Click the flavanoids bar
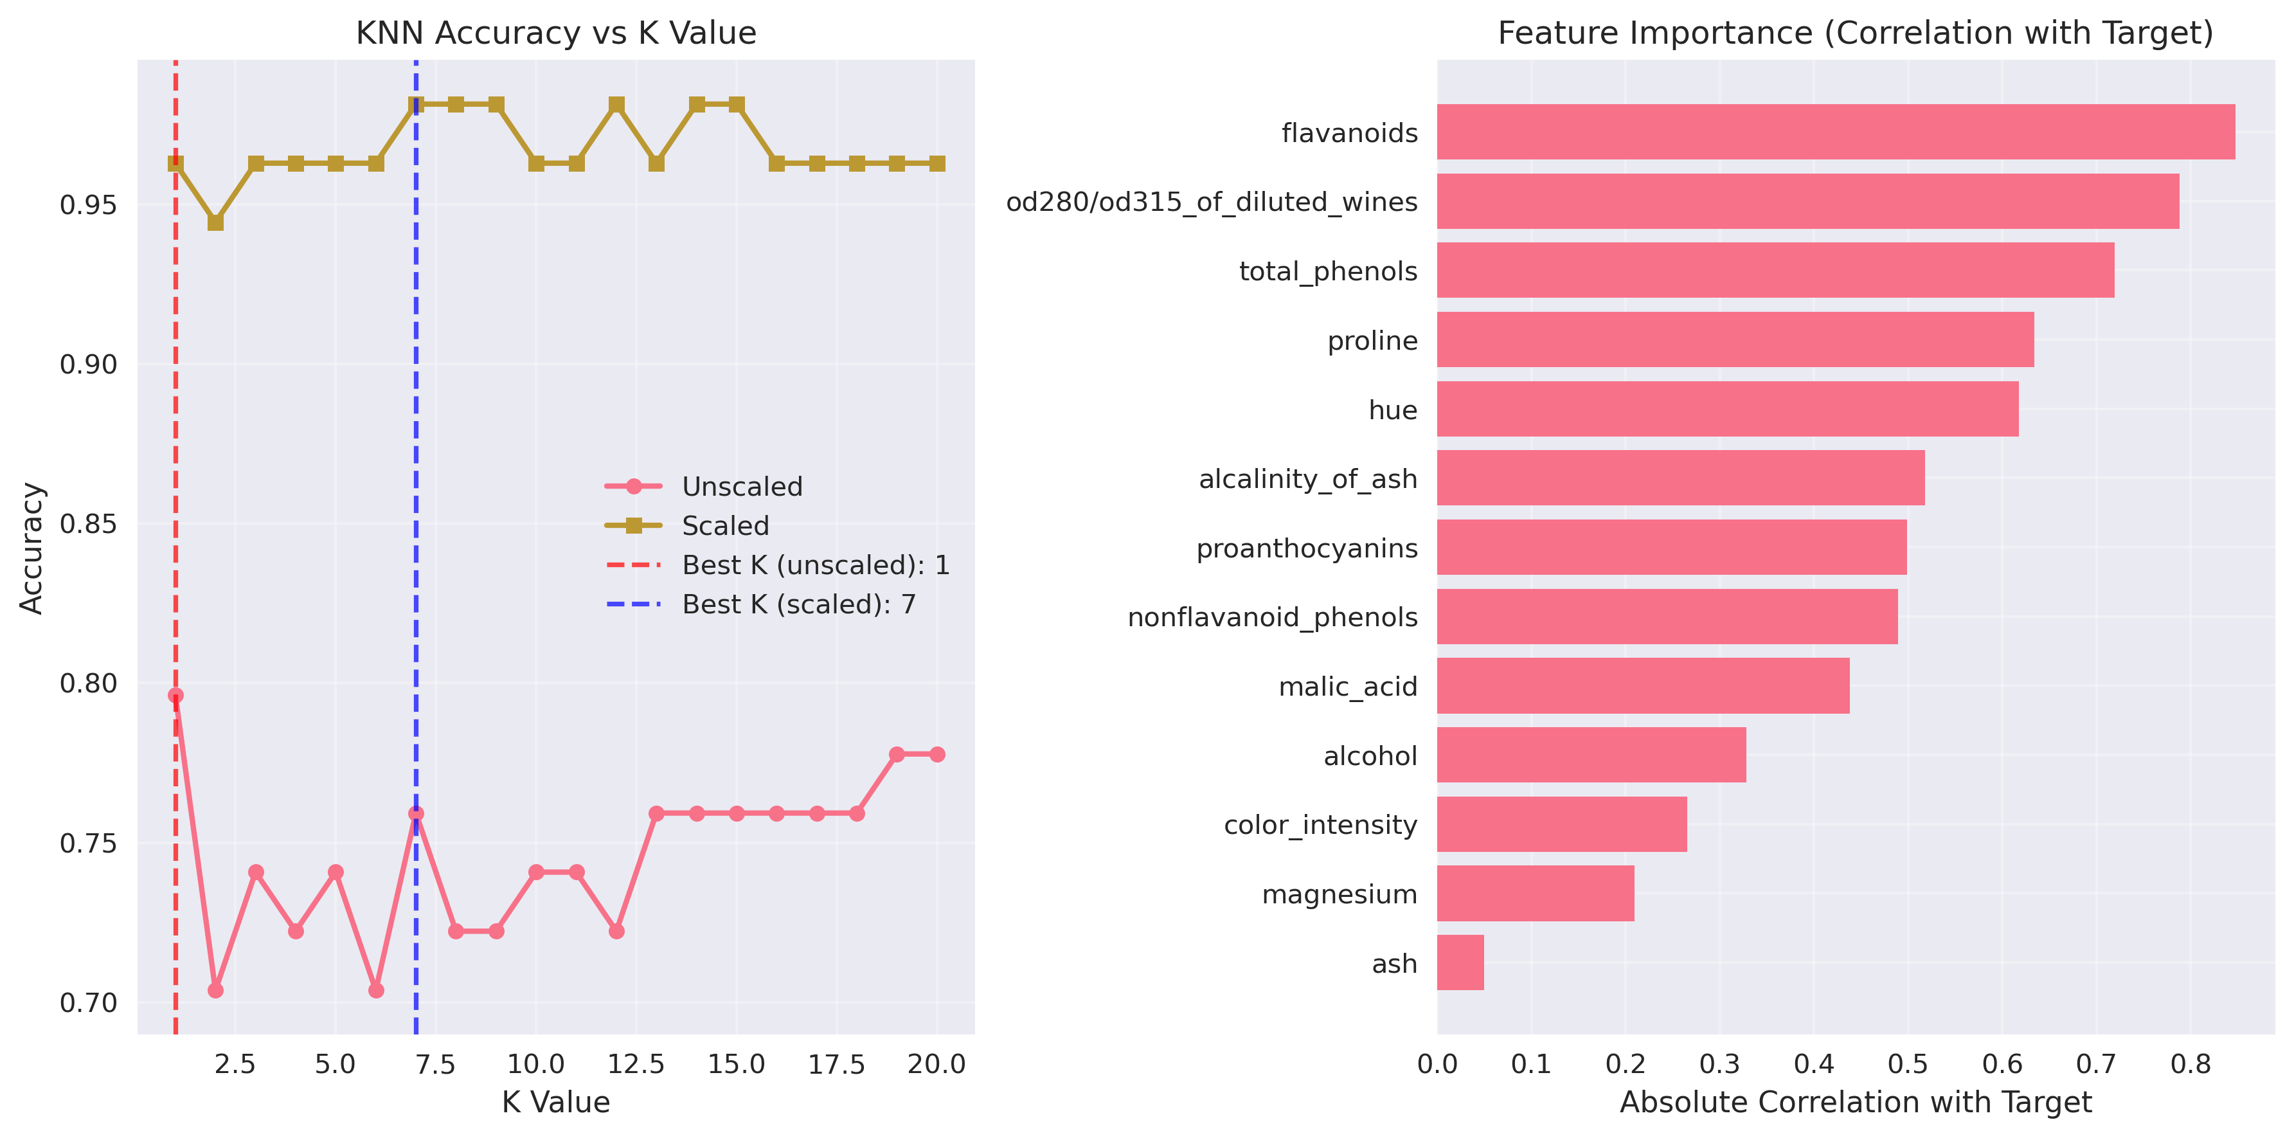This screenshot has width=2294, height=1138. click(1834, 132)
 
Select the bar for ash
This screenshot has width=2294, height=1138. click(1460, 962)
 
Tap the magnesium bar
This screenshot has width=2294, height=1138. click(1536, 893)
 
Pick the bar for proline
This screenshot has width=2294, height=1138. click(1735, 339)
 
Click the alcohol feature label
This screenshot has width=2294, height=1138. click(1370, 756)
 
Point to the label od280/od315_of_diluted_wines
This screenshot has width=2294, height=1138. click(1211, 202)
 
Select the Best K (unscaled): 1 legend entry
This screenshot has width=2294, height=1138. click(815, 565)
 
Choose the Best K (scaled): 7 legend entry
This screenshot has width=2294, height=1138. click(798, 604)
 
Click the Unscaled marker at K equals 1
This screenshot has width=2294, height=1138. click(175, 696)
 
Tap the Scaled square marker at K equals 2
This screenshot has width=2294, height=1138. click(215, 222)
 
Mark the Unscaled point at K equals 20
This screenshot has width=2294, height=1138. click(937, 754)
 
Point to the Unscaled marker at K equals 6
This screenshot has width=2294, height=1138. click(376, 990)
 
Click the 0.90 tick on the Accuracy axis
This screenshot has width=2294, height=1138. click(88, 364)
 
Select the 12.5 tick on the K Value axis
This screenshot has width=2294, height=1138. click(636, 1064)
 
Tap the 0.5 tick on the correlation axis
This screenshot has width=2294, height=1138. click(1908, 1064)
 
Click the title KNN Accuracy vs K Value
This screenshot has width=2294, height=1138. click(556, 33)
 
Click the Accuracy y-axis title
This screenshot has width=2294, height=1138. click(31, 548)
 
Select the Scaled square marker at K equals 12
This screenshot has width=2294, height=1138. click(616, 105)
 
